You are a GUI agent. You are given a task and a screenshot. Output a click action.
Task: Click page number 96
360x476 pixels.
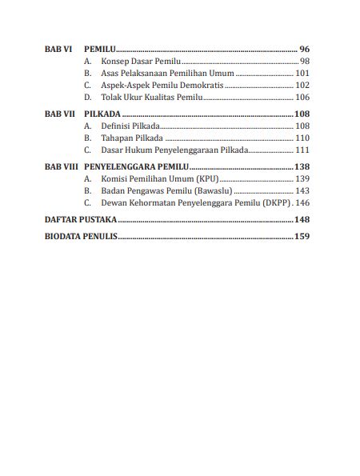click(x=303, y=48)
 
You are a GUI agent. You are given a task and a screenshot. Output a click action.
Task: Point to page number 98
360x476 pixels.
click(x=304, y=61)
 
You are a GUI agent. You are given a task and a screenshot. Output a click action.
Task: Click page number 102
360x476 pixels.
click(x=302, y=85)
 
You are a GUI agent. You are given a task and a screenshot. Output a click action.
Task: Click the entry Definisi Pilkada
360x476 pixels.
click(x=130, y=126)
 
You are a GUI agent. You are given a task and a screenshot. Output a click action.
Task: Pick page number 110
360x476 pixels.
click(x=302, y=138)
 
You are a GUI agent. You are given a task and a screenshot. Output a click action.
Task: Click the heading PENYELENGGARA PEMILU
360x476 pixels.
click(x=136, y=166)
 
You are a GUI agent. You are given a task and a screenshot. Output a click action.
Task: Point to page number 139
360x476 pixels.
click(x=302, y=178)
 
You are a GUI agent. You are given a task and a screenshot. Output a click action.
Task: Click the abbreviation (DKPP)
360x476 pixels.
click(x=270, y=203)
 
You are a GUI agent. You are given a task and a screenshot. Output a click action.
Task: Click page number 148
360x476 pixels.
click(x=302, y=219)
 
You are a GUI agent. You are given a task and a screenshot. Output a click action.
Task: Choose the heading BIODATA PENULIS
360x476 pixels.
click(x=81, y=236)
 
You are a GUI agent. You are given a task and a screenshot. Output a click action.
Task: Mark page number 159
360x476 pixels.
click(x=302, y=236)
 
